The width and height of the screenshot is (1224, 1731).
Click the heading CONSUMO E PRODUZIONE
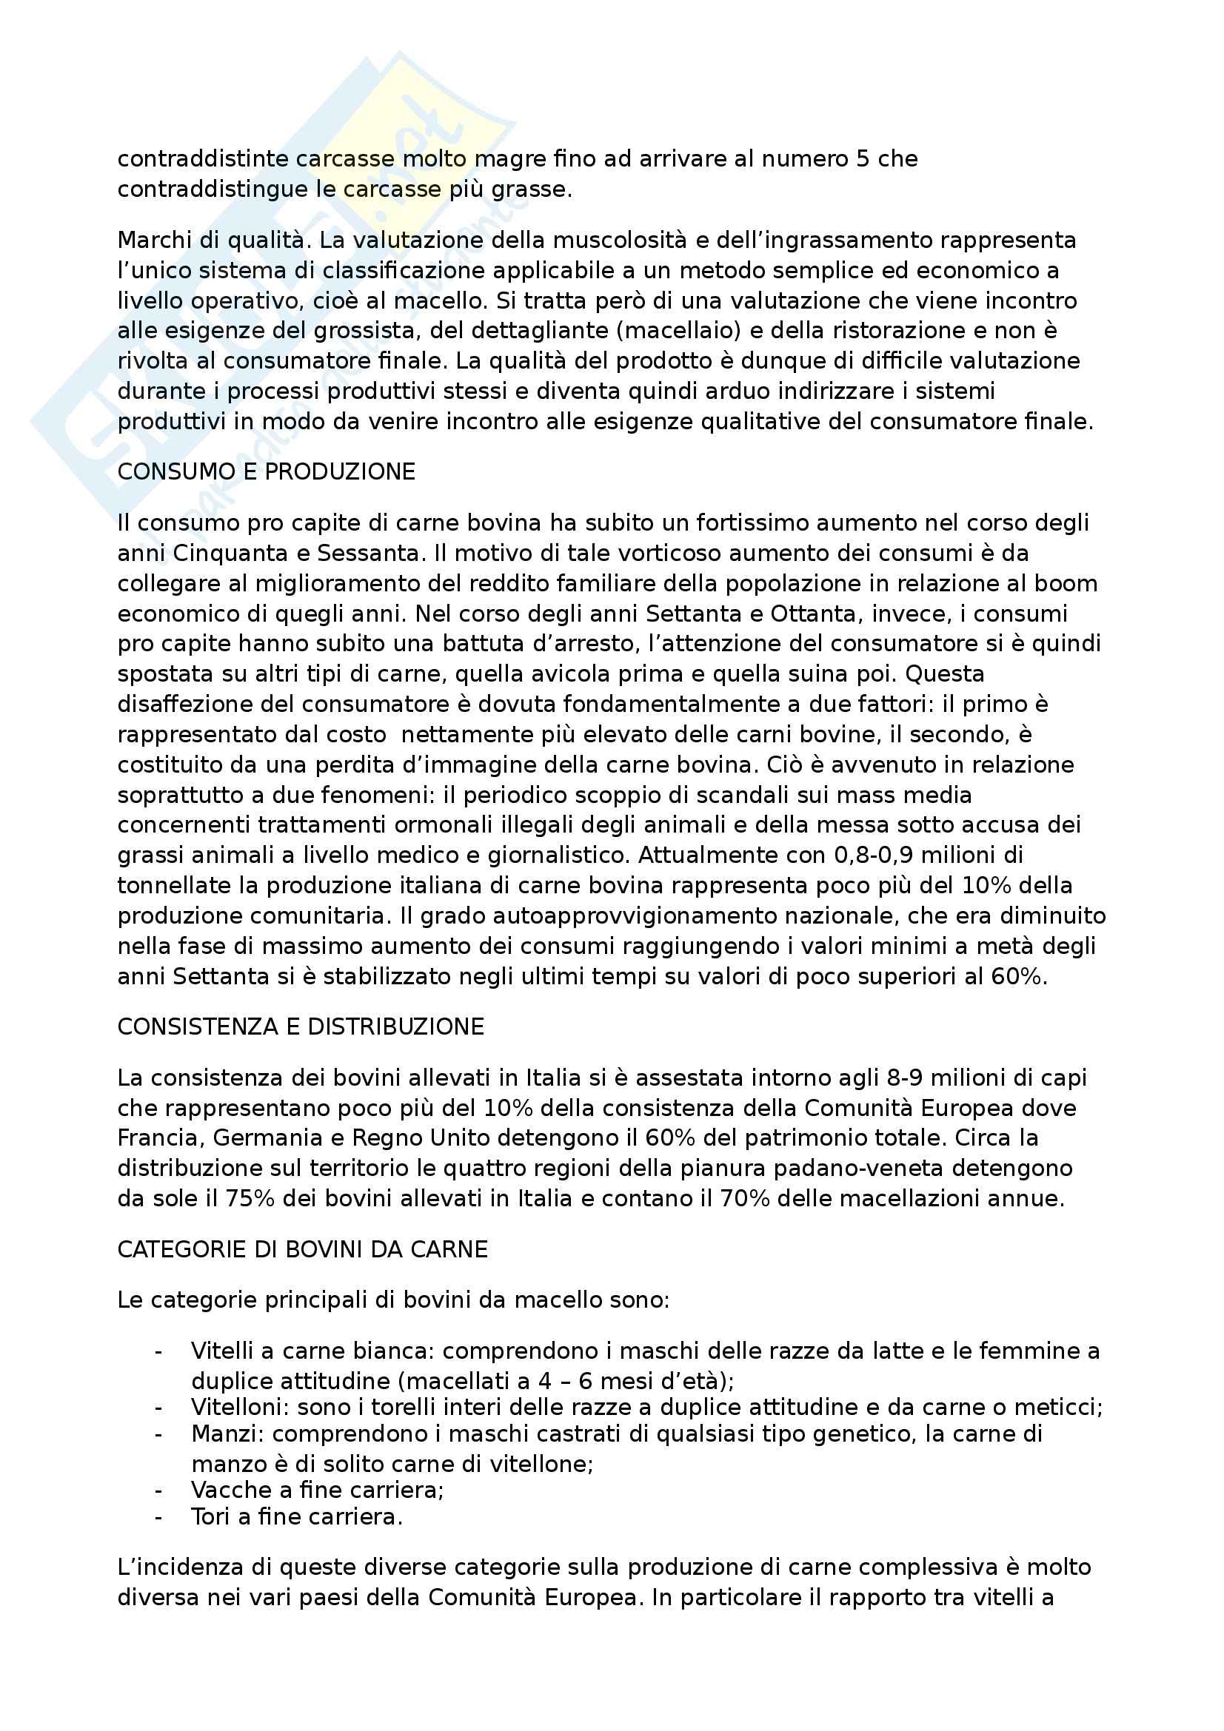[267, 472]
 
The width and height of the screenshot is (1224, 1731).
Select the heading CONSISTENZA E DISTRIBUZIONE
[300, 1027]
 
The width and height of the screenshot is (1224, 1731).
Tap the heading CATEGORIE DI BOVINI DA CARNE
[302, 1249]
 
